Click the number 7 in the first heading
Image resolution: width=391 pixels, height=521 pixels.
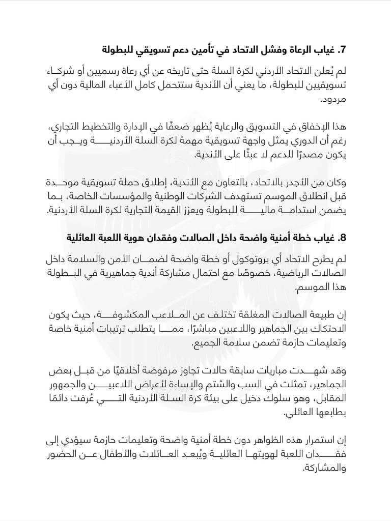pyautogui.click(x=343, y=50)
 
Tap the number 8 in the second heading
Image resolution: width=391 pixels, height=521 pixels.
pyautogui.click(x=343, y=237)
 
